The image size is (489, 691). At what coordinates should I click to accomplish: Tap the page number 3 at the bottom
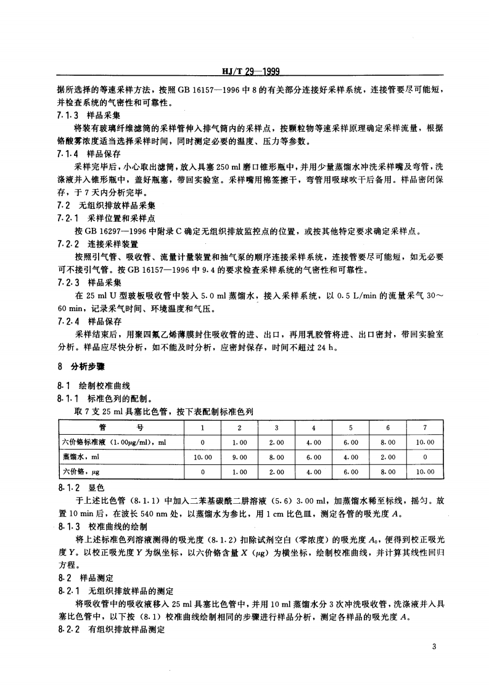435,647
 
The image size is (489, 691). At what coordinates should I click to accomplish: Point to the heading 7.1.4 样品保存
88,154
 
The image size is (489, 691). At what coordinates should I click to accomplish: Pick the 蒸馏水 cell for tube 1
202,457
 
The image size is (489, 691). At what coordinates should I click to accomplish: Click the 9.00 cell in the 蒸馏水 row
239,457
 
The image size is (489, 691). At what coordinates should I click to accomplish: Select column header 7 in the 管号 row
424,427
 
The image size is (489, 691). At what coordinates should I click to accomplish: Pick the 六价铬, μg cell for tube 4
313,472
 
